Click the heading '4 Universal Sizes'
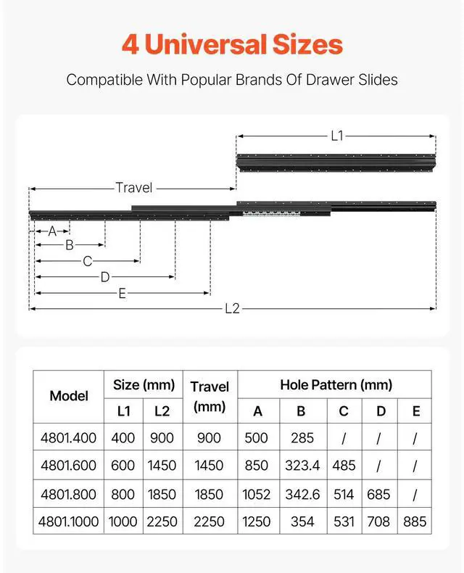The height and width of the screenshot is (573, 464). coord(232,44)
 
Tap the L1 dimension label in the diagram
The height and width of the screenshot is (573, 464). coord(336,135)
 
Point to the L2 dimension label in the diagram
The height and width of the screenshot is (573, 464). coord(232,309)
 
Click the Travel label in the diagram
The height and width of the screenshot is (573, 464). coord(134,188)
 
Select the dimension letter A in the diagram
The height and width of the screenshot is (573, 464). coord(52,231)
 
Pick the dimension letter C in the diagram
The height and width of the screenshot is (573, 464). coord(87,261)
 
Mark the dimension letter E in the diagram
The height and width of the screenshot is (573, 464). coord(122,293)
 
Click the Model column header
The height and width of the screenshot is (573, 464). coord(69,396)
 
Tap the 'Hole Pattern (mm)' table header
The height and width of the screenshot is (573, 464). coord(336,384)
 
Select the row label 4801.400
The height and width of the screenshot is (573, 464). coord(69,438)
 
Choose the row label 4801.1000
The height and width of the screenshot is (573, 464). coord(69,522)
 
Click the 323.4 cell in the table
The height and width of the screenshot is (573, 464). coord(301,466)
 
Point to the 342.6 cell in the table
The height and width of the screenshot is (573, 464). coord(301,494)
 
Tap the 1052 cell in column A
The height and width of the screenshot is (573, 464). coord(257,494)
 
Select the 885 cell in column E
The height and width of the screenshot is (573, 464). coord(415,522)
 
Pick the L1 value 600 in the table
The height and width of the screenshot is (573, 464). coord(124,466)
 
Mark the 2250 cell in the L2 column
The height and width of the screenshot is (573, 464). coord(162,522)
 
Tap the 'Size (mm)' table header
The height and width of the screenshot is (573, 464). coord(144,384)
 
